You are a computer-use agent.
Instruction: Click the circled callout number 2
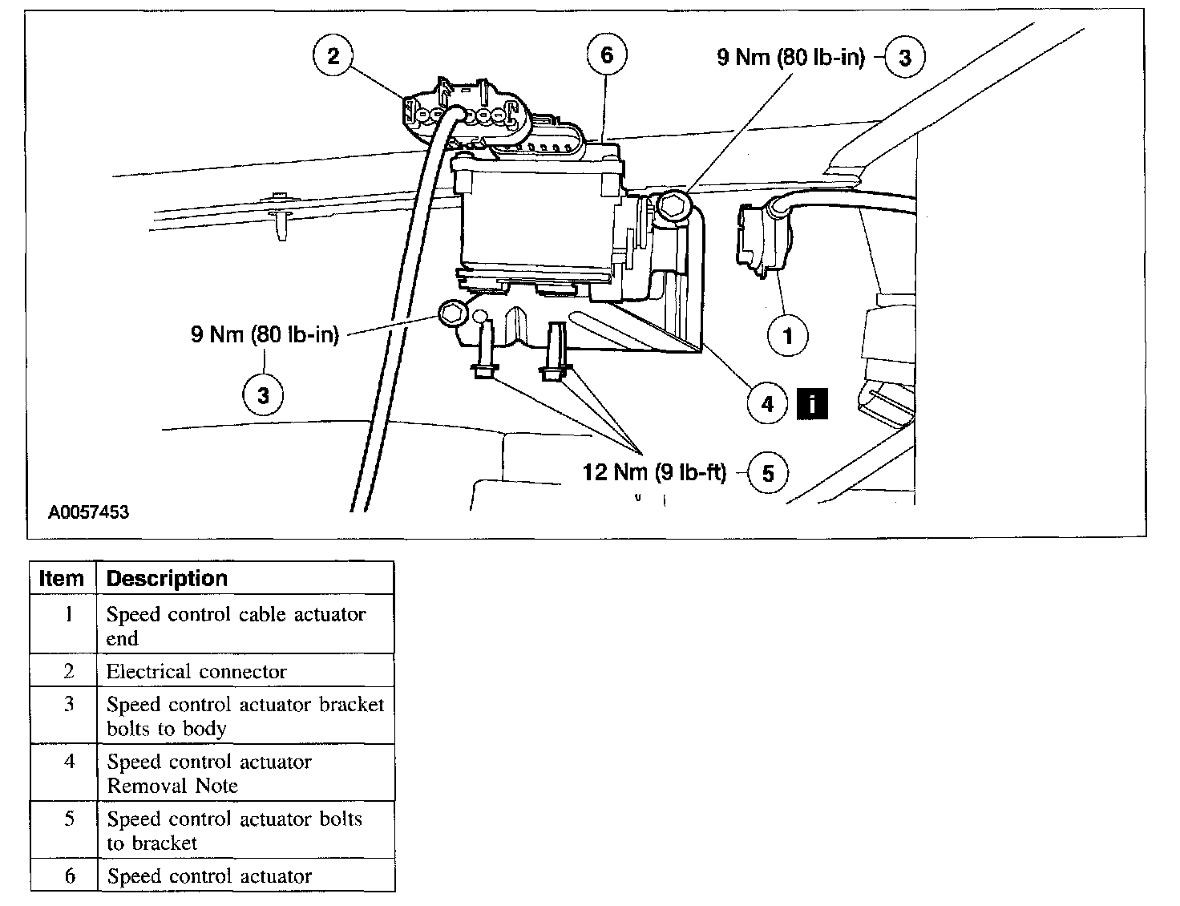pyautogui.click(x=333, y=56)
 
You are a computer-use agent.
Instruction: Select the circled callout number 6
pyautogui.click(x=606, y=55)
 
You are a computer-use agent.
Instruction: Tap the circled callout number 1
pyautogui.click(x=787, y=335)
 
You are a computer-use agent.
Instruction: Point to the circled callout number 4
pyautogui.click(x=767, y=403)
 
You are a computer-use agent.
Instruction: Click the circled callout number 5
pyautogui.click(x=767, y=473)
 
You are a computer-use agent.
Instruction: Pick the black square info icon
pyautogui.click(x=811, y=403)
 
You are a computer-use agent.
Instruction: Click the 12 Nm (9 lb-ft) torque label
pyautogui.click(x=654, y=472)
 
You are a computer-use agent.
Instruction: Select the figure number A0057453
pyautogui.click(x=89, y=512)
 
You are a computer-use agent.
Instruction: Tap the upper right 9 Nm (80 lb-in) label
pyautogui.click(x=790, y=58)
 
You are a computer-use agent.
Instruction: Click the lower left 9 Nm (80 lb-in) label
pyautogui.click(x=265, y=334)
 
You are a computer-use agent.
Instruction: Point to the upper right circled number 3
pyautogui.click(x=904, y=58)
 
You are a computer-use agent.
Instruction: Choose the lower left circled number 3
pyautogui.click(x=264, y=394)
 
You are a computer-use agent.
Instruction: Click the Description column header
pyautogui.click(x=167, y=578)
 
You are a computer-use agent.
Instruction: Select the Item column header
pyautogui.click(x=62, y=578)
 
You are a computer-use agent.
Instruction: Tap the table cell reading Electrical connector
pyautogui.click(x=196, y=671)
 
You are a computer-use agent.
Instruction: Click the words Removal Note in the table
pyautogui.click(x=172, y=786)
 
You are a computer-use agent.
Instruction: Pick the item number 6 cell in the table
pyautogui.click(x=69, y=876)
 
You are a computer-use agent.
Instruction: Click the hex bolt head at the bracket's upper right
pyautogui.click(x=672, y=206)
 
